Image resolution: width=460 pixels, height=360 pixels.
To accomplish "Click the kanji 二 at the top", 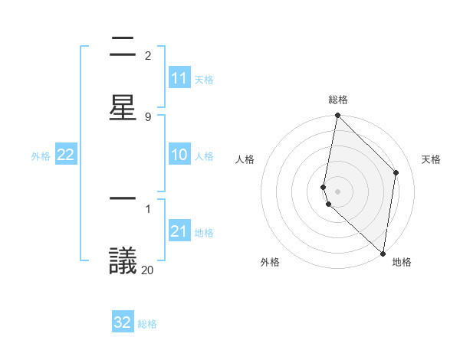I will click(x=123, y=47).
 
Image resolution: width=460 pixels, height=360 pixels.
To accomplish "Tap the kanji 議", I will click(x=123, y=260).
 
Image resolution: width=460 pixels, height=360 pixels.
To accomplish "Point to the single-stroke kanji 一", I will click(x=123, y=198).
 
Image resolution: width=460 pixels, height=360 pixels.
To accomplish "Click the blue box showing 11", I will click(x=179, y=78).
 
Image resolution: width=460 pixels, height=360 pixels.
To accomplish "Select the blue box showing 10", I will click(x=179, y=155).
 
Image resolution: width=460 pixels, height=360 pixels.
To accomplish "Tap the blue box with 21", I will click(x=179, y=231).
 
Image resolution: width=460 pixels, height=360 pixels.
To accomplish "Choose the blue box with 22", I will click(x=66, y=155).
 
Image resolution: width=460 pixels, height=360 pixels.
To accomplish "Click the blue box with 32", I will click(x=123, y=322).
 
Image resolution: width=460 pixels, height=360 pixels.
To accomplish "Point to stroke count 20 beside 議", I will click(x=147, y=269).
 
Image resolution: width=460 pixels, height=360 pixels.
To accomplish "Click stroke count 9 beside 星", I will click(x=147, y=116).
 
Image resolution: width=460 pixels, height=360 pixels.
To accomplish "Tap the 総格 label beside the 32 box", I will click(x=147, y=324).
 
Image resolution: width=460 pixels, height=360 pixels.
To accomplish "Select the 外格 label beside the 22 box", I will click(x=41, y=156).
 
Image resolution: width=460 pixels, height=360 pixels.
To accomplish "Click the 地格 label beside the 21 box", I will click(x=204, y=233).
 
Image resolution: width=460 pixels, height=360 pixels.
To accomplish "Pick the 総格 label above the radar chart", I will click(x=337, y=100).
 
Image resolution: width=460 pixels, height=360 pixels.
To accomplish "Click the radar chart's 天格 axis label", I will click(x=431, y=159).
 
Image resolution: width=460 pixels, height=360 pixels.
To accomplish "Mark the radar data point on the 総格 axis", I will click(x=337, y=115).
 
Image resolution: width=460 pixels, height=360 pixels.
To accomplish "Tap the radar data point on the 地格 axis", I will click(x=383, y=253).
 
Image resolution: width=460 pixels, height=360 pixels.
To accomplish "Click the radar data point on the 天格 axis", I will click(x=396, y=172).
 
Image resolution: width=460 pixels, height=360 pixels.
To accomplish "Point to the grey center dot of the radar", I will click(x=337, y=191).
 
